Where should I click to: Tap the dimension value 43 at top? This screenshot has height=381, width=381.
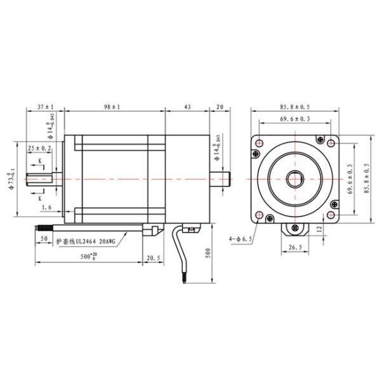click(187, 107)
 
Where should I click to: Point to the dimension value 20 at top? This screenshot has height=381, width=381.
click(220, 107)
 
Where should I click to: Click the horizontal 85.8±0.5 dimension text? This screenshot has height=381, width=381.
click(296, 107)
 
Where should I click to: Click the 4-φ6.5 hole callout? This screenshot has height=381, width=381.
click(241, 239)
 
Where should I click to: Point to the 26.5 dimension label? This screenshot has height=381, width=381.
click(295, 248)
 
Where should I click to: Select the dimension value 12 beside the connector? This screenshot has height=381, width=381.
click(319, 229)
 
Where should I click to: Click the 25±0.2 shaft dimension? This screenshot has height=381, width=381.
click(39, 148)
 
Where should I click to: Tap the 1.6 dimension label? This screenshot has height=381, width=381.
click(46, 208)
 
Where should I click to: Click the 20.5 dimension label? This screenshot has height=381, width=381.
click(154, 258)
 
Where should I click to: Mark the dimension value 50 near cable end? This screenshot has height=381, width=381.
click(44, 239)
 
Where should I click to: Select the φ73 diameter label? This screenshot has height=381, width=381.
click(11, 180)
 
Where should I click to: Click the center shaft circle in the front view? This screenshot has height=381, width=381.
click(295, 178)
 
